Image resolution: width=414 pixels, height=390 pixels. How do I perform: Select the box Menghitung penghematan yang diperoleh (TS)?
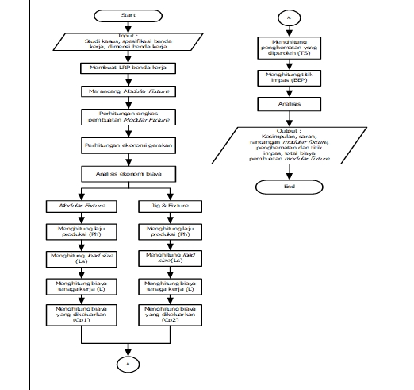pyautogui.click(x=290, y=47)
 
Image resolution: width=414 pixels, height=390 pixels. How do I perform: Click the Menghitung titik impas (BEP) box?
pyautogui.click(x=290, y=77)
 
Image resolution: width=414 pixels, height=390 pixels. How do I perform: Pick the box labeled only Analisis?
pyautogui.click(x=290, y=102)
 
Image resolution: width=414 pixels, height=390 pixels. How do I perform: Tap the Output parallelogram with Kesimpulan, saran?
pyautogui.click(x=290, y=145)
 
